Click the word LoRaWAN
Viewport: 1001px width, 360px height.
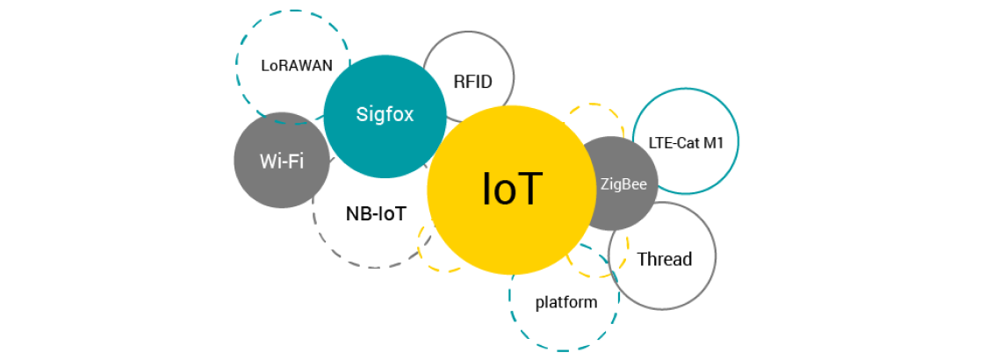pos(297,65)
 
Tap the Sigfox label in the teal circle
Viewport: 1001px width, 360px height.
pos(385,114)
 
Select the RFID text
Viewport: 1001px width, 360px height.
pos(472,82)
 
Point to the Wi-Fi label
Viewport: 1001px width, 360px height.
pos(281,162)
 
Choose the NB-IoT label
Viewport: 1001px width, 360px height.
pos(376,213)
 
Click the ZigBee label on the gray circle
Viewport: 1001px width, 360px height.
pos(623,184)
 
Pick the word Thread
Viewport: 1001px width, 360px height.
pos(665,259)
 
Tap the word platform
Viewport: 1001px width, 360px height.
pos(566,303)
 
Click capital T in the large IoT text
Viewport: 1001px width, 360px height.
pos(529,189)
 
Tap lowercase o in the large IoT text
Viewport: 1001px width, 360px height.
pos(508,191)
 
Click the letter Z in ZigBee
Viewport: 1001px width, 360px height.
pos(604,184)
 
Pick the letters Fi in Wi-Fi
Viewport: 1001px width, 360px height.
pos(295,162)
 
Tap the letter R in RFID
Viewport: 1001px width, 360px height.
pos(458,82)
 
